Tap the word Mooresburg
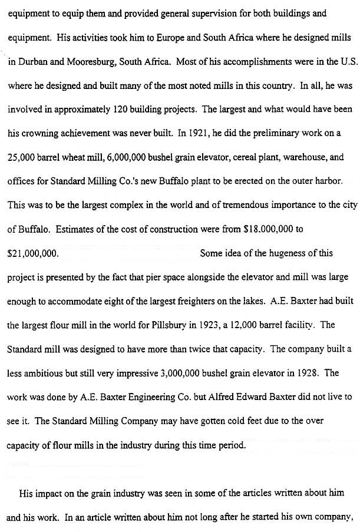pyautogui.click(x=84, y=61)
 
